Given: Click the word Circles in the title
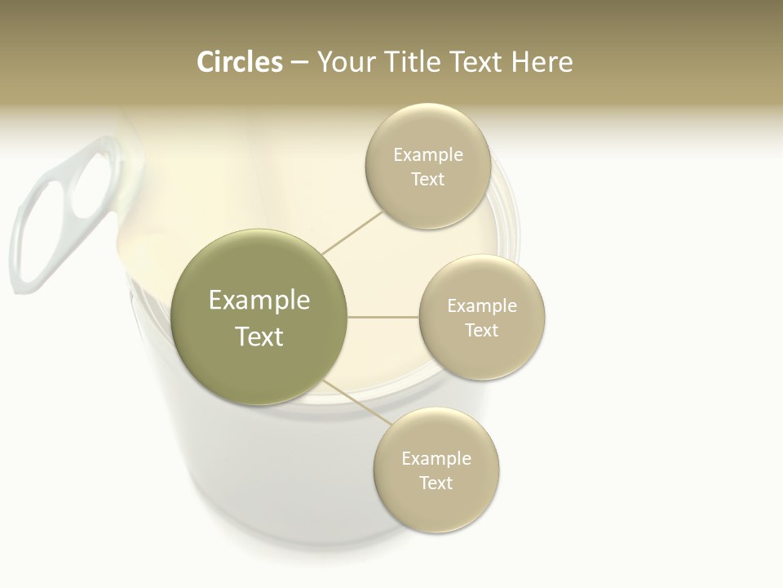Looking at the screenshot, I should pos(240,62).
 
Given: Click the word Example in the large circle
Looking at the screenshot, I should pos(259,301).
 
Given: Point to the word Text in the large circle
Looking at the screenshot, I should pos(259,336).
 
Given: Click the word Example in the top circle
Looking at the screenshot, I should pos(427,155).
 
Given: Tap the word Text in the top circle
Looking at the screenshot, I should pos(427,180).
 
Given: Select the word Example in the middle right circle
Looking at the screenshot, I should pos(482,306).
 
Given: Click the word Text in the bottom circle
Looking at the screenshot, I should pos(436,483).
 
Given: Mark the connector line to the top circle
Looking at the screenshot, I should pos(352,232).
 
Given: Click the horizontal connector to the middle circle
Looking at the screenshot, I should pos(383,317).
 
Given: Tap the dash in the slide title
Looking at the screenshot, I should pos(299,63).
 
